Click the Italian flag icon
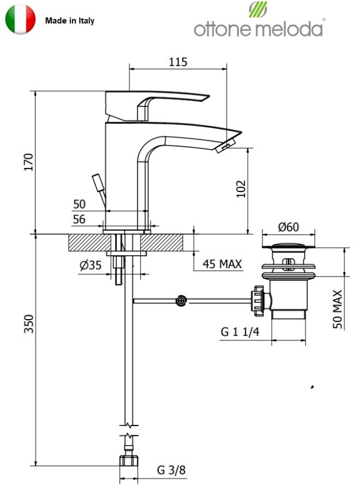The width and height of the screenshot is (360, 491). pyautogui.click(x=20, y=19)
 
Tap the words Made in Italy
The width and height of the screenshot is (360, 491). pyautogui.click(x=69, y=21)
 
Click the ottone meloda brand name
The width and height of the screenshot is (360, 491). pyautogui.click(x=258, y=29)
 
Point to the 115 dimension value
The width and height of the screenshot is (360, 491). pyautogui.click(x=178, y=62)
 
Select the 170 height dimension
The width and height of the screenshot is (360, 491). pyautogui.click(x=28, y=162)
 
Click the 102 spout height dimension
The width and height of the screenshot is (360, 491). pyautogui.click(x=241, y=189)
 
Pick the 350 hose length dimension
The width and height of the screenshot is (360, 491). pyautogui.click(x=28, y=324)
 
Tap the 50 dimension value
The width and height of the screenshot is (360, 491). pyautogui.click(x=79, y=204)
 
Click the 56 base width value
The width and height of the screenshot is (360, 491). pyautogui.click(x=79, y=219)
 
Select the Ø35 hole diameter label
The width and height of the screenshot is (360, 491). pyautogui.click(x=91, y=265)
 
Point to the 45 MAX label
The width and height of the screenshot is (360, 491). pyautogui.click(x=222, y=264)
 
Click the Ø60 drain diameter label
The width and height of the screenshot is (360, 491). pyautogui.click(x=289, y=227)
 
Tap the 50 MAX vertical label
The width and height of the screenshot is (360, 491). pyautogui.click(x=337, y=309)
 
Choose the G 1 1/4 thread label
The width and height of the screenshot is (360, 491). pyautogui.click(x=240, y=332)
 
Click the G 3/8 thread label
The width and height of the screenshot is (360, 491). pyautogui.click(x=171, y=470)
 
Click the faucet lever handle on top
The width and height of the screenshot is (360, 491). pyautogui.click(x=157, y=106)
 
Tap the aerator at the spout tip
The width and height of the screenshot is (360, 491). pyautogui.click(x=225, y=147)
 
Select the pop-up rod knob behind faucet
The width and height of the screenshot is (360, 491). pyautogui.click(x=98, y=182)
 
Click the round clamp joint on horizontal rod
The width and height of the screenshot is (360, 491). pyautogui.click(x=181, y=301)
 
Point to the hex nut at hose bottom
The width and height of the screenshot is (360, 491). pyautogui.click(x=128, y=461)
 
